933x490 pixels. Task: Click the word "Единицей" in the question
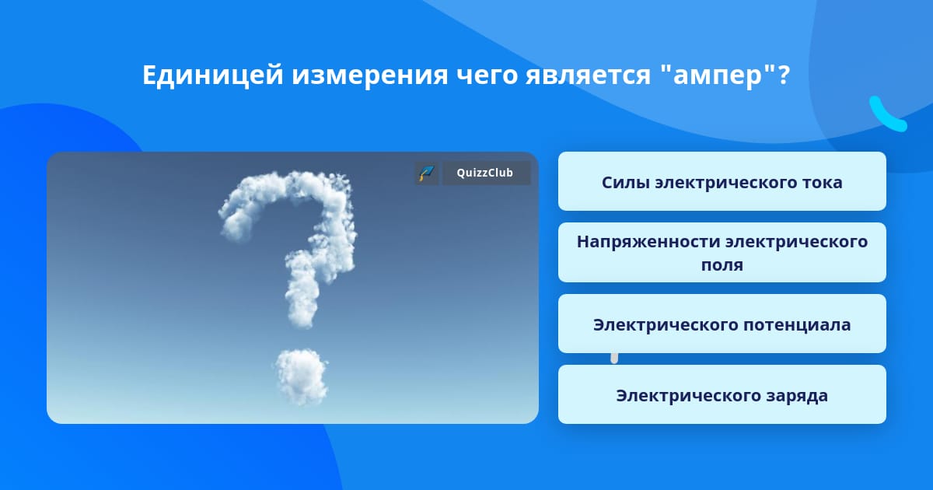[x=213, y=75]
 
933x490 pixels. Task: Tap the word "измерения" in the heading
[x=369, y=75]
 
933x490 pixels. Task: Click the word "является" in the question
[x=588, y=75]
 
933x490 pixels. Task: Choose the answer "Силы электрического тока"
[x=722, y=181]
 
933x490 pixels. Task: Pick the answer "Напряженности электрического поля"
[x=722, y=253]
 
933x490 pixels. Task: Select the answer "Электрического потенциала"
[x=722, y=324]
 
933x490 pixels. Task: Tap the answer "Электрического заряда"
[x=722, y=394]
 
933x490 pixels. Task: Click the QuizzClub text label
[x=484, y=173]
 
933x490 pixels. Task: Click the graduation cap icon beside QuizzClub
[x=426, y=173]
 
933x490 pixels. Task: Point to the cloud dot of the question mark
[x=302, y=376]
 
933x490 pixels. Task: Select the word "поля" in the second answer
[x=722, y=265]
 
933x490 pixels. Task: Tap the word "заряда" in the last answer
[x=797, y=396]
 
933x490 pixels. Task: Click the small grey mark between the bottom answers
[x=614, y=359]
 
